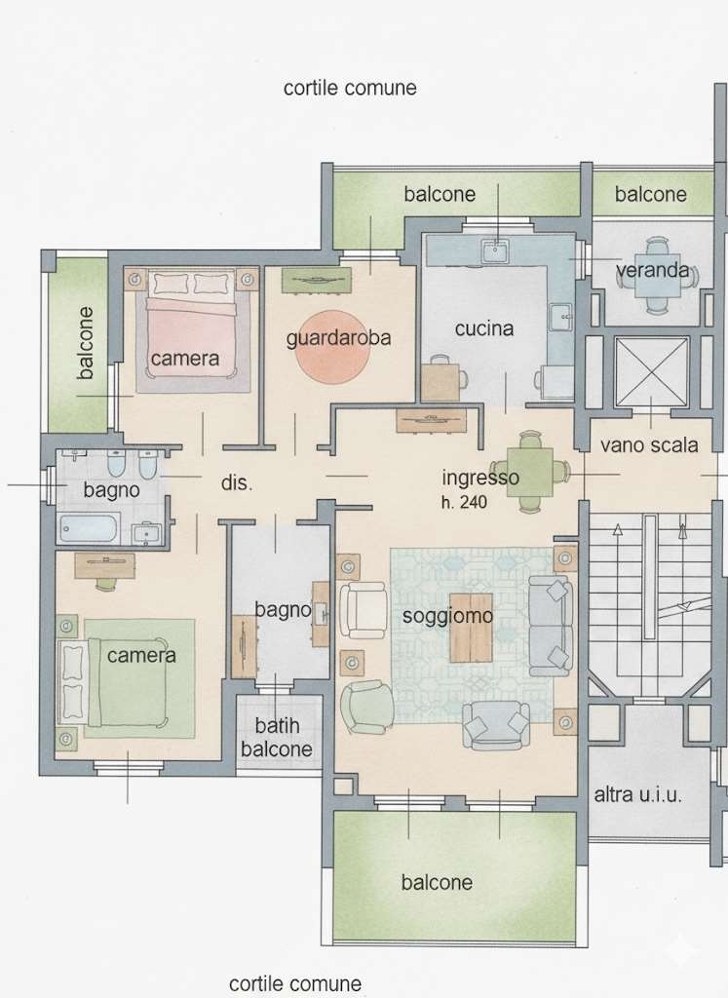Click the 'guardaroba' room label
pos(338,338)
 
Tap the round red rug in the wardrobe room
pos(333,347)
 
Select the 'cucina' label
pos(483,328)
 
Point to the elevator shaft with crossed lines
pos(652,371)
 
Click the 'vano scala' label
pos(648,444)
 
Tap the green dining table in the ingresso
pos(529,472)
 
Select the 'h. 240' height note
pos(464,502)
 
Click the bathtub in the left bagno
pos(89,527)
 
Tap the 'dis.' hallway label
pos(237,482)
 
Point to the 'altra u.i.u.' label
pos(637,794)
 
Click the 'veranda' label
pos(652,271)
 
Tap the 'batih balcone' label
pos(277,737)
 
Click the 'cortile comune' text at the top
pos(350,87)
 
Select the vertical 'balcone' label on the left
pos(85,343)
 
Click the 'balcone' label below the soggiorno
pos(437,882)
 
